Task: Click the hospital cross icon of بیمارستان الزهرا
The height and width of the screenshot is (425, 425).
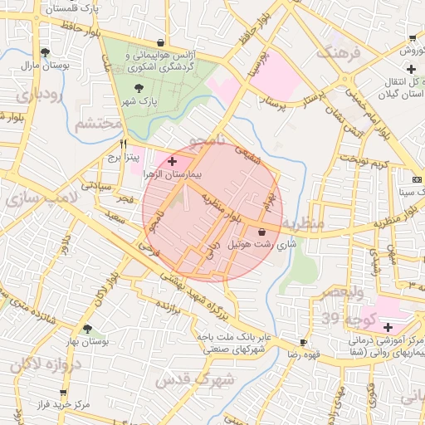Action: (x=172, y=161)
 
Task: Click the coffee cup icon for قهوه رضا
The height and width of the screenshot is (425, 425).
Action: (x=303, y=342)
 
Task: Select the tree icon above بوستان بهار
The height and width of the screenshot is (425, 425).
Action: (x=88, y=329)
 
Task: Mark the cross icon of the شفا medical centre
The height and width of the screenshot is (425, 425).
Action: (x=388, y=327)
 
